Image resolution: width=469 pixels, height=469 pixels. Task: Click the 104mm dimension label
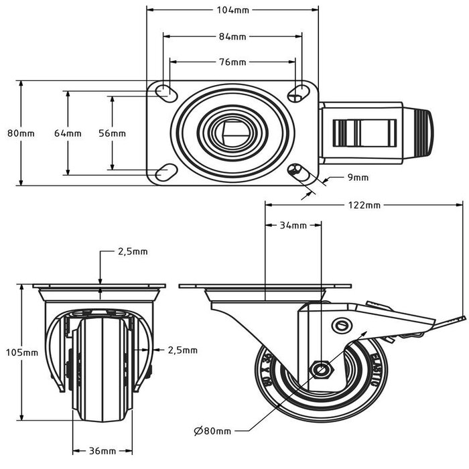tap(232, 10)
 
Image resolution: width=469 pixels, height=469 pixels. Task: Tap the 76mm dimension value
tap(232, 62)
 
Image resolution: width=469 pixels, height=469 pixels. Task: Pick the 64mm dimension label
tap(68, 133)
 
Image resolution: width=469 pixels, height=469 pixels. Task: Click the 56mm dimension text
tap(112, 133)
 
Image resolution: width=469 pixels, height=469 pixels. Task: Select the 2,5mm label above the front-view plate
tap(133, 252)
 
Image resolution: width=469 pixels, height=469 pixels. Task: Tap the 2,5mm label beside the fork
tap(182, 350)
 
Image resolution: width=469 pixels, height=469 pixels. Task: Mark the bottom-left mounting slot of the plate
tap(163, 174)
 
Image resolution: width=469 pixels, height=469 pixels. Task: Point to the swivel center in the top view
tap(232, 133)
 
